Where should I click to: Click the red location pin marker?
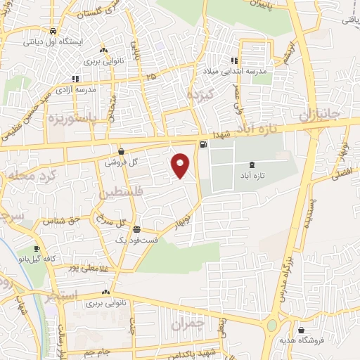point(181,165)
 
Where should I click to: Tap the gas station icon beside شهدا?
point(203,146)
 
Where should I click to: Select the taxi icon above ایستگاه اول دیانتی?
point(53,32)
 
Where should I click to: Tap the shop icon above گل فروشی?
point(121,151)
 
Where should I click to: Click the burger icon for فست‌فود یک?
point(136,230)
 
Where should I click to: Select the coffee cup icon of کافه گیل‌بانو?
point(37,248)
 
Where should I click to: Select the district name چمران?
point(186,325)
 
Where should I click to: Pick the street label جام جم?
point(95,352)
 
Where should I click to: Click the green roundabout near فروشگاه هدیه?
point(271,326)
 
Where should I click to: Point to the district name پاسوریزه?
point(73,120)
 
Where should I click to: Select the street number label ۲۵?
point(151,75)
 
